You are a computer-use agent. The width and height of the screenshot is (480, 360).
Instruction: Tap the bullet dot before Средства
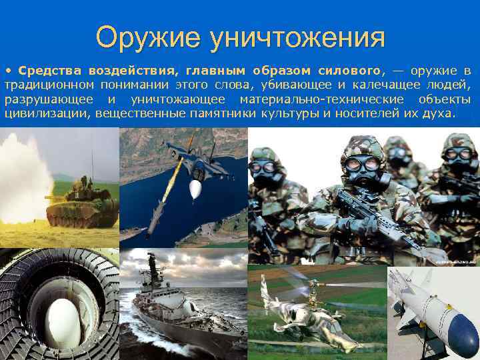pos(9,71)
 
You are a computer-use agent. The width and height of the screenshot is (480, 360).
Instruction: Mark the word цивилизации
pos(47,113)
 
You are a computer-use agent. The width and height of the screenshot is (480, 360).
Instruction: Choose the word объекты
pos(445,99)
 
